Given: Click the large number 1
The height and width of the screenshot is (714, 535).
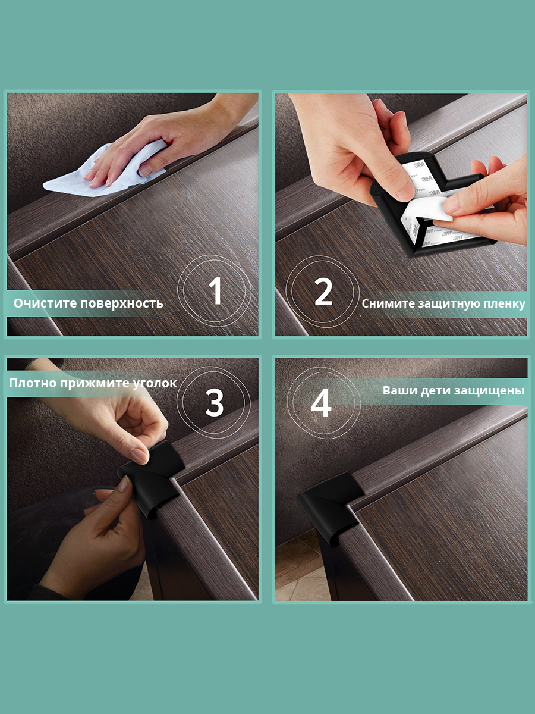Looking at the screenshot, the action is pyautogui.click(x=215, y=291).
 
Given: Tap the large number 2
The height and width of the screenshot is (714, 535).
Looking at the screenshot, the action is pyautogui.click(x=323, y=292).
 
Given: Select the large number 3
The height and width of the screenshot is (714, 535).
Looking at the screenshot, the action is pyautogui.click(x=215, y=403).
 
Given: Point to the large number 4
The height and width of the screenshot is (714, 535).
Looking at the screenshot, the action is pyautogui.click(x=321, y=403).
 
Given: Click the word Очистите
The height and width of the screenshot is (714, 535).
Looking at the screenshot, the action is pyautogui.click(x=45, y=303).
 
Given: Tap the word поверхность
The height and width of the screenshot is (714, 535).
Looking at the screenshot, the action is pyautogui.click(x=122, y=304).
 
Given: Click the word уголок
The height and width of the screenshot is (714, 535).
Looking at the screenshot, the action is pyautogui.click(x=155, y=384).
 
